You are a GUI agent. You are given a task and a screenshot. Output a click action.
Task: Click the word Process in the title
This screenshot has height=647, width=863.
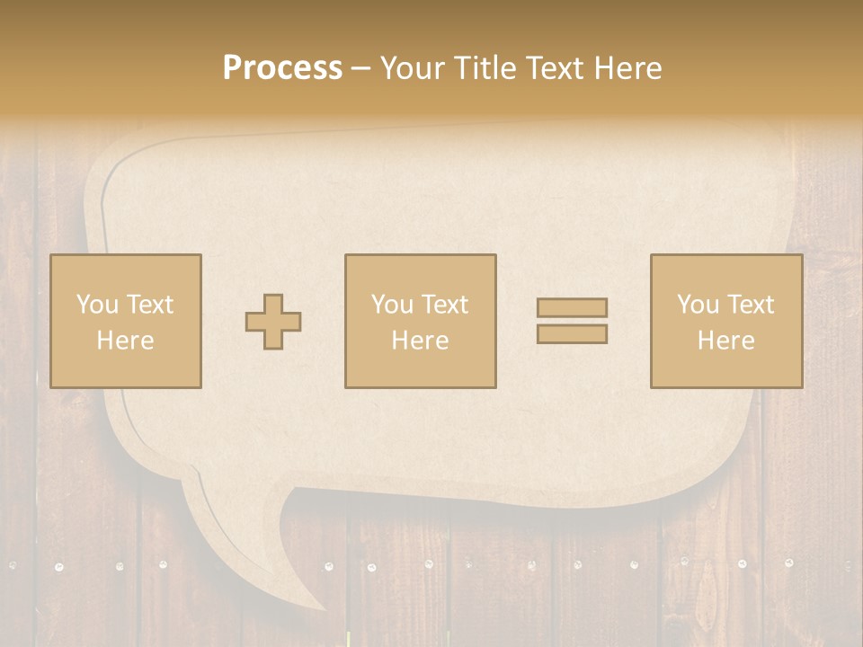tap(282, 68)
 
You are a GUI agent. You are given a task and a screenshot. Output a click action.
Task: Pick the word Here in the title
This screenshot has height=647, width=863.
tap(629, 68)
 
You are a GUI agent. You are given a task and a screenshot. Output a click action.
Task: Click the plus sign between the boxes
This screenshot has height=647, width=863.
tap(273, 322)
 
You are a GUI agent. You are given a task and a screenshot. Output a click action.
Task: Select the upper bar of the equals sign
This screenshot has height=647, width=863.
tap(572, 308)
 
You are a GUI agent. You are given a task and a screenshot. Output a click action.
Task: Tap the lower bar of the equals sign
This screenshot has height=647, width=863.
tap(572, 334)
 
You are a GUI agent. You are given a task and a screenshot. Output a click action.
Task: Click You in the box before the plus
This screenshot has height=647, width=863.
tap(96, 305)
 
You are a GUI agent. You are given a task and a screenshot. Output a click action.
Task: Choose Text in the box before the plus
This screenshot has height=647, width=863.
tap(148, 305)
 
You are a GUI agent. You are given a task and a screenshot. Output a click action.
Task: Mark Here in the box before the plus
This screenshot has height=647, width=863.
tap(125, 341)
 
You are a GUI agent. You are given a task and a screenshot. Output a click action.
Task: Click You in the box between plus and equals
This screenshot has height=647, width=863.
tap(392, 305)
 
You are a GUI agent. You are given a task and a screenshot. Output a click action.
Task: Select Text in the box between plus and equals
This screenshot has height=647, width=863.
tap(444, 305)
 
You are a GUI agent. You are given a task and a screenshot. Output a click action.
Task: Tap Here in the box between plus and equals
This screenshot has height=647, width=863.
tap(420, 341)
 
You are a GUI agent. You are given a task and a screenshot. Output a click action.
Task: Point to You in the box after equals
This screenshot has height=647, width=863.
tap(698, 305)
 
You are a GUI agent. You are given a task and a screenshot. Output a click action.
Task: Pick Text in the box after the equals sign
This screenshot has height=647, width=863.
tap(750, 305)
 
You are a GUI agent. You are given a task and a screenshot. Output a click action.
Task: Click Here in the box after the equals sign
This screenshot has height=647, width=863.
tap(725, 341)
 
